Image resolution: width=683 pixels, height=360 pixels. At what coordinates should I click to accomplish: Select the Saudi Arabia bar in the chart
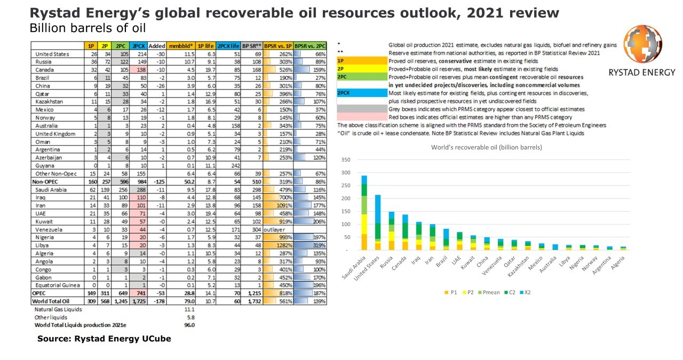point(364,213)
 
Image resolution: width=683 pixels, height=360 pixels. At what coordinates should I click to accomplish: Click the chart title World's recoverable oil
point(487,147)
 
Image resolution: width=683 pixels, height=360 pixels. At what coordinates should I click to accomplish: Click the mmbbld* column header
point(181,46)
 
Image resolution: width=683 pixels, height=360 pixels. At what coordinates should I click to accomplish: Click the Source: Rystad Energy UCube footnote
point(104,339)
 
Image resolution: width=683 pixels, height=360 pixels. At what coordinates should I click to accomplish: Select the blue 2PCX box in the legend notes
point(360,93)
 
